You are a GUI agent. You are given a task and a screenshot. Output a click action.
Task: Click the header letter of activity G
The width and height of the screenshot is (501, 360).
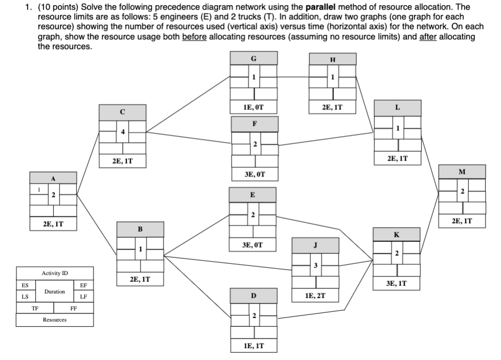tap(254, 58)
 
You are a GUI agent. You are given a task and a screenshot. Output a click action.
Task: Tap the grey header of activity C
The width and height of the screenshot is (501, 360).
tap(122, 112)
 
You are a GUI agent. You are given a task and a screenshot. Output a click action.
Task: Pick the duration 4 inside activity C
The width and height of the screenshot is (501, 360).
tap(123, 132)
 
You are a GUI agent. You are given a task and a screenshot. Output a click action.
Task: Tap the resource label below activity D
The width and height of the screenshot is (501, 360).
tap(254, 347)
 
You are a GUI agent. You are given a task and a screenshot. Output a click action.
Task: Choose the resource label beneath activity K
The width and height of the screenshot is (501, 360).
tap(397, 283)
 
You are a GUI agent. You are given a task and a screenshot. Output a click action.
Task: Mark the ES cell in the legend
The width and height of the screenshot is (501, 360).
tap(25, 285)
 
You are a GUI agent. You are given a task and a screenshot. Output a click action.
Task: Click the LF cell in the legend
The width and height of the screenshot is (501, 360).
tap(84, 297)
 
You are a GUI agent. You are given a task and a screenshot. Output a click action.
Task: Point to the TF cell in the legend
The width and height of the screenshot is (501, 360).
tap(35, 308)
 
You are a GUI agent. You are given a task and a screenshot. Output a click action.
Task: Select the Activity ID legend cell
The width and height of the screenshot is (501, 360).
tap(55, 273)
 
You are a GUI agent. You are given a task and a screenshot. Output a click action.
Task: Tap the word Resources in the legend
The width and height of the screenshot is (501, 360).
tap(55, 320)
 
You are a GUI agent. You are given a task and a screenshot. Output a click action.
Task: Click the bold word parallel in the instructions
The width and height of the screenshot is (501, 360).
tap(320, 8)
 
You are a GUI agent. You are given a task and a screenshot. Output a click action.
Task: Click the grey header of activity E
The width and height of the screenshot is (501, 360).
tap(253, 195)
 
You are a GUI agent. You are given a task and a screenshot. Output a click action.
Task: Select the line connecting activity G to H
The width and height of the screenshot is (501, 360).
tap(293, 77)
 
